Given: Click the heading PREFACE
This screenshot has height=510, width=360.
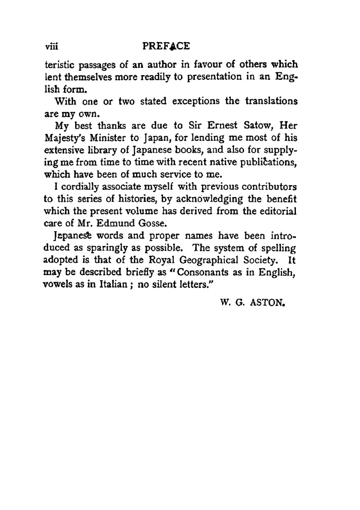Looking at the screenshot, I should click(166, 46).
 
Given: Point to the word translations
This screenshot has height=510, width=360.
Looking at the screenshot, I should click(271, 101).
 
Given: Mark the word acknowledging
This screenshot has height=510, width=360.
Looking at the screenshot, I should click(207, 199).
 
